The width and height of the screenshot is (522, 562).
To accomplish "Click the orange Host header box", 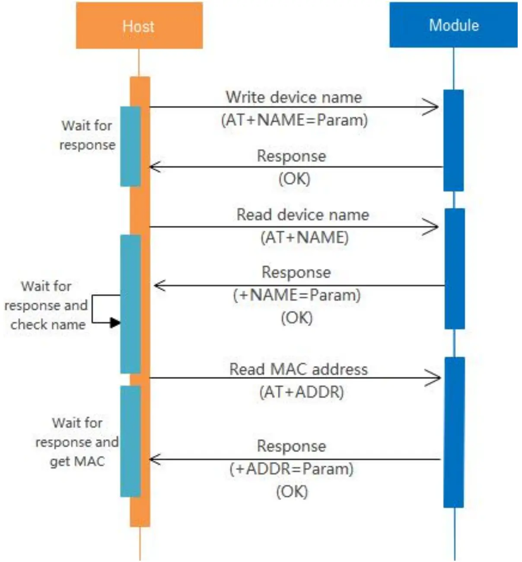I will click(x=139, y=26).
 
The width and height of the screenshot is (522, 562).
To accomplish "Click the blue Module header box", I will click(x=453, y=25).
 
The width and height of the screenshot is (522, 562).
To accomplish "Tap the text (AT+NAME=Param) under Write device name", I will click(x=294, y=120).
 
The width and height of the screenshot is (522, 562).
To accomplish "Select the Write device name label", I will click(x=294, y=97).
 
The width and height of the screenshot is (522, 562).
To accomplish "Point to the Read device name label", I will click(x=302, y=215).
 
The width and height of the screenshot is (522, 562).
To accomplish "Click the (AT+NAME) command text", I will click(x=304, y=238).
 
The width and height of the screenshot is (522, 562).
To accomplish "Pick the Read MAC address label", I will click(x=298, y=369).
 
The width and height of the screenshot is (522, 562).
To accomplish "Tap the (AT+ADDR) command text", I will click(x=301, y=392).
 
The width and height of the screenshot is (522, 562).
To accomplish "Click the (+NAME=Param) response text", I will click(x=296, y=295).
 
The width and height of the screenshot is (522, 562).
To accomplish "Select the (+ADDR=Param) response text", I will click(x=291, y=469).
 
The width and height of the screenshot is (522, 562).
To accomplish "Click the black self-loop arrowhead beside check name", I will click(x=115, y=322).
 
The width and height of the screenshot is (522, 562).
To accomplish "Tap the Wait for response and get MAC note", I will click(x=77, y=442).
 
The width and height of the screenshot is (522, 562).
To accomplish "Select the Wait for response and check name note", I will click(x=46, y=305).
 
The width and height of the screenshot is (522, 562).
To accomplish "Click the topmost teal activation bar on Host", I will click(x=130, y=146).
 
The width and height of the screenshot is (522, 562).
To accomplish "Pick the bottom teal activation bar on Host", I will click(x=130, y=441).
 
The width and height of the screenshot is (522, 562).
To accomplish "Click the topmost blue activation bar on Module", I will click(x=453, y=140).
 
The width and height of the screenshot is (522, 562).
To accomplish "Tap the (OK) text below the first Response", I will click(x=294, y=179).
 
